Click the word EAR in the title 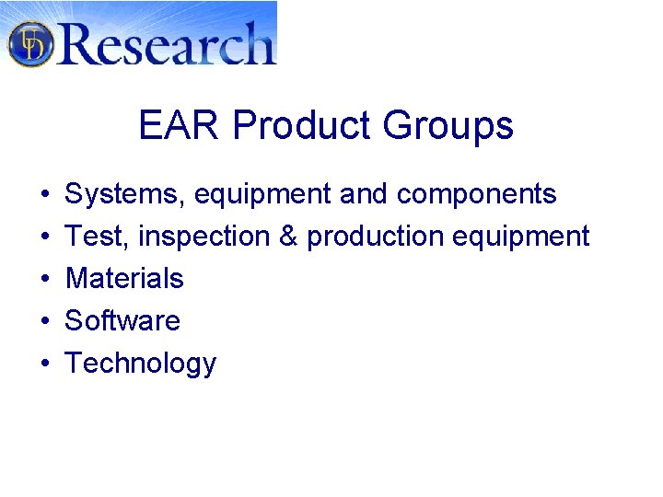tap(180, 125)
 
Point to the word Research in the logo tap(166, 43)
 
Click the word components tap(477, 194)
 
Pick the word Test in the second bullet tap(98, 237)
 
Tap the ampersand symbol tap(288, 237)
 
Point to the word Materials tap(124, 279)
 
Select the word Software tap(122, 321)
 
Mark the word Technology tap(140, 364)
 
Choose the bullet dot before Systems tap(44, 195)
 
